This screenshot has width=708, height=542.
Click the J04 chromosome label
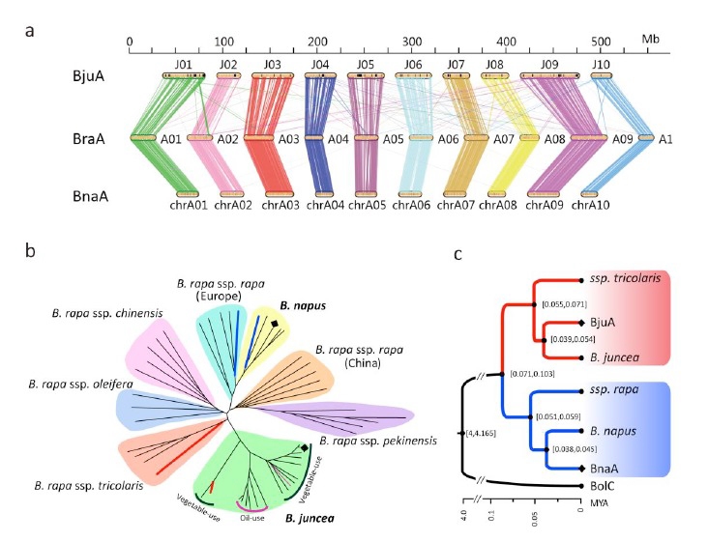320,65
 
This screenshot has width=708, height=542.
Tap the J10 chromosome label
600,65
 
